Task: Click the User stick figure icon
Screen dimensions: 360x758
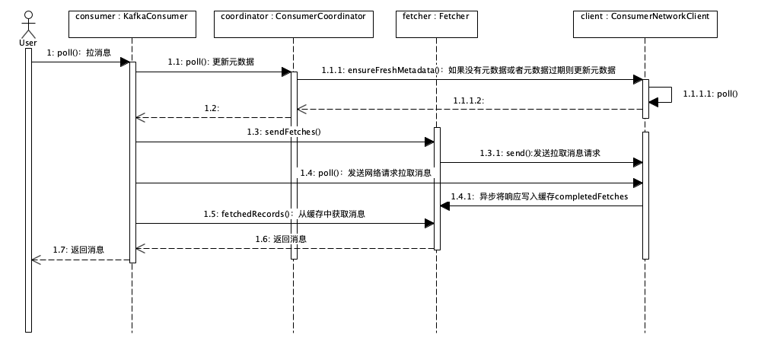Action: pos(28,23)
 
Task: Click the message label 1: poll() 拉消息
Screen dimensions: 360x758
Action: pos(79,53)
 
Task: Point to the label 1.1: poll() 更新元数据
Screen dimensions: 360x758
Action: pos(211,62)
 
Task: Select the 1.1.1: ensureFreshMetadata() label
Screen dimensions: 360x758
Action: pos(468,69)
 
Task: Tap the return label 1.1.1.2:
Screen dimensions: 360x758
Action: pos(469,100)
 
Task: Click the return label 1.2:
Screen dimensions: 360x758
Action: pos(212,109)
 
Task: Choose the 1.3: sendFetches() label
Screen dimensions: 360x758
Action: pos(284,132)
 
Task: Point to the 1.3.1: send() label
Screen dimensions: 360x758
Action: pos(540,153)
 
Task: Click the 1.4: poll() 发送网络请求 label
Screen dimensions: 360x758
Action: pos(365,173)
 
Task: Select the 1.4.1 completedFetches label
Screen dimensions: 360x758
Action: pos(539,196)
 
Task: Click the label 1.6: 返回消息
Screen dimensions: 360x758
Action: pos(282,238)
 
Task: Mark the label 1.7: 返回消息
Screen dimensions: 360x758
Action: pos(78,249)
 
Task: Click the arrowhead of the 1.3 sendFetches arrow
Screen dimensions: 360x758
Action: pos(428,142)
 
